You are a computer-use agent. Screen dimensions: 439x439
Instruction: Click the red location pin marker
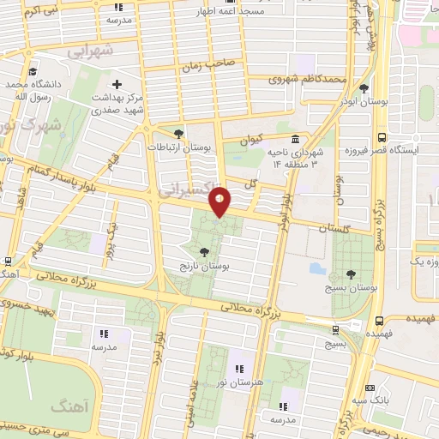(x=220, y=201)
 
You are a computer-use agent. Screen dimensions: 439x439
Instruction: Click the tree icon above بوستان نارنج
(x=204, y=252)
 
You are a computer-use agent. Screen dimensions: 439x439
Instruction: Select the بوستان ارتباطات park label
(x=179, y=147)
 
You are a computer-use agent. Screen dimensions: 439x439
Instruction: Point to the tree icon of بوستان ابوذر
(x=364, y=88)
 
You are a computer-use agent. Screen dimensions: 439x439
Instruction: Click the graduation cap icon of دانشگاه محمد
(x=33, y=72)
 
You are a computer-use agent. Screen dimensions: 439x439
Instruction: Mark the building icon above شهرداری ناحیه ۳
(x=296, y=140)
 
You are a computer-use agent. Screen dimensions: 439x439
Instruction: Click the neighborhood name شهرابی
(x=89, y=51)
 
